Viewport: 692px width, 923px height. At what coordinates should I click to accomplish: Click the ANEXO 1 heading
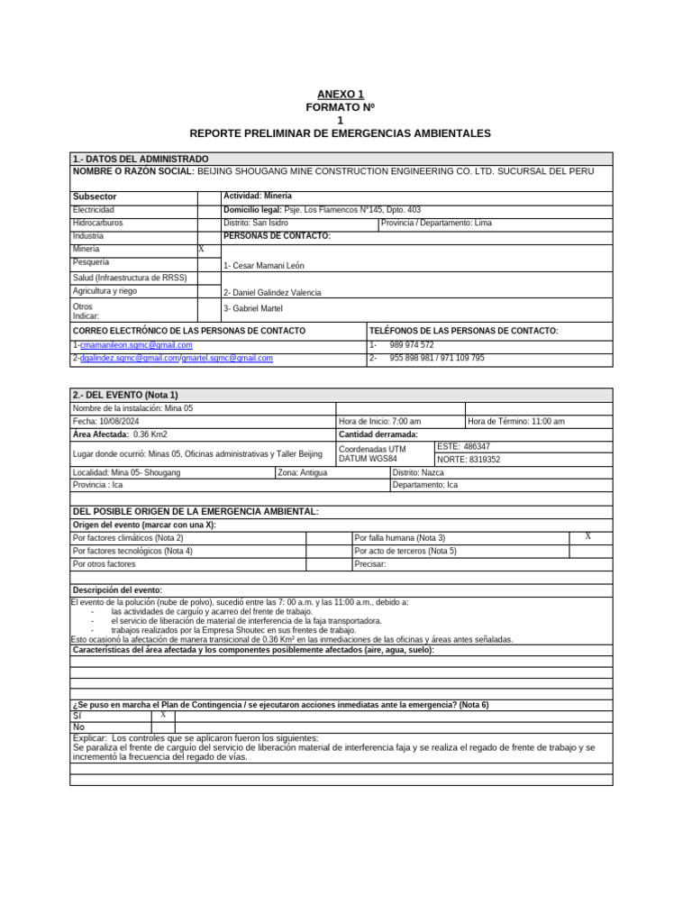pyautogui.click(x=340, y=95)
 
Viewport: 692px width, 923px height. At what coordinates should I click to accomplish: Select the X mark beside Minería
pyautogui.click(x=201, y=248)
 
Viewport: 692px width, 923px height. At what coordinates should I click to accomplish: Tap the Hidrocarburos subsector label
pyautogui.click(x=98, y=223)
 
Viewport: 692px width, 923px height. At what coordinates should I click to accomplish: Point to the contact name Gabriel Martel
pyautogui.click(x=253, y=308)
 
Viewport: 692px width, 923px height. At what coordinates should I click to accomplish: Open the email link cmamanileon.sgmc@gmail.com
pyautogui.click(x=136, y=345)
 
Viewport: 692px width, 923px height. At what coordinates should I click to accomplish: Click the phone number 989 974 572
pyautogui.click(x=412, y=345)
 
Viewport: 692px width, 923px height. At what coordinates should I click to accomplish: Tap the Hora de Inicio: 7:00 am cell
pyautogui.click(x=379, y=421)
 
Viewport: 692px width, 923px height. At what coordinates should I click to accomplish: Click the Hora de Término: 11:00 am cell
pyautogui.click(x=516, y=421)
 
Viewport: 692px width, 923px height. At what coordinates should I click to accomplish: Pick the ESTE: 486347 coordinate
pyautogui.click(x=464, y=446)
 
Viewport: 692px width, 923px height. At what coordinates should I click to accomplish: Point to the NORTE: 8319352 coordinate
pyautogui.click(x=469, y=459)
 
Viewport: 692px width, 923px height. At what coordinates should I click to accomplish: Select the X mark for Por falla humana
pyautogui.click(x=587, y=536)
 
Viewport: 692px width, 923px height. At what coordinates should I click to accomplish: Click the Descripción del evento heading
pyautogui.click(x=117, y=589)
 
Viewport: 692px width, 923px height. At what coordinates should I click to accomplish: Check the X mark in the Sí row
pyautogui.click(x=163, y=715)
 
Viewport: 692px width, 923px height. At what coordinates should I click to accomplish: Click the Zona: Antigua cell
pyautogui.click(x=304, y=472)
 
